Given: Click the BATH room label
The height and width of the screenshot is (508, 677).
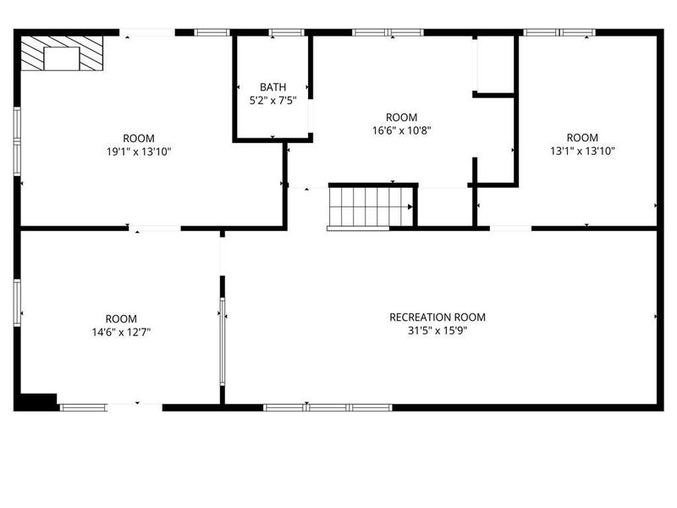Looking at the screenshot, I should point(272,87).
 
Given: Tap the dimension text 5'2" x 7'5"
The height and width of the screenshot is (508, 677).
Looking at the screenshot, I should point(272,100).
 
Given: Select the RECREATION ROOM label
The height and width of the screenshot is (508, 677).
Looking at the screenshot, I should point(438,317).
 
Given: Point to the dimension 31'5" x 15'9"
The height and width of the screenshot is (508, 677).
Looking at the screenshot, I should point(438,331).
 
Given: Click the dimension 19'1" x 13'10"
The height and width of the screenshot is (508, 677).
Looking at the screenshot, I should point(139,152).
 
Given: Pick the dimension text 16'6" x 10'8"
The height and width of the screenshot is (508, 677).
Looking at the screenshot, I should point(401,130).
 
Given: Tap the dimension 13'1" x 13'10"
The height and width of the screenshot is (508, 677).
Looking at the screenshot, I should point(581,152).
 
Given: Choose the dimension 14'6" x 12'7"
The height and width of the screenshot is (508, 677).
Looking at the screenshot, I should point(120,332).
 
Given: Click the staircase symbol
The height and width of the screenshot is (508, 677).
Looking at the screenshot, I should point(370,207).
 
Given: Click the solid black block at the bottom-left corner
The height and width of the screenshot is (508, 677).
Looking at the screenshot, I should point(37,402).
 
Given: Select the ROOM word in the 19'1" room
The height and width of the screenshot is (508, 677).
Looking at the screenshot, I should point(139,138).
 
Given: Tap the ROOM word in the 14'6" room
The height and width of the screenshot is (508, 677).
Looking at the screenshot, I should point(120,318).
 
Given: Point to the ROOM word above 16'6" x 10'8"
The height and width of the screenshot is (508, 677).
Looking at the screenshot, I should point(401,117).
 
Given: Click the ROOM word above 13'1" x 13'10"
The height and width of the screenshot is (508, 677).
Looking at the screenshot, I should point(581,138).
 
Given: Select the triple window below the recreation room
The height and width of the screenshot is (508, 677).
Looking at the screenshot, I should point(327,407).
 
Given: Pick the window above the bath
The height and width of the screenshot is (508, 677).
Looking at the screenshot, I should point(286,33).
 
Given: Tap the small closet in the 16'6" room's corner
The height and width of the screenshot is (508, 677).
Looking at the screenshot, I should point(495,63).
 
